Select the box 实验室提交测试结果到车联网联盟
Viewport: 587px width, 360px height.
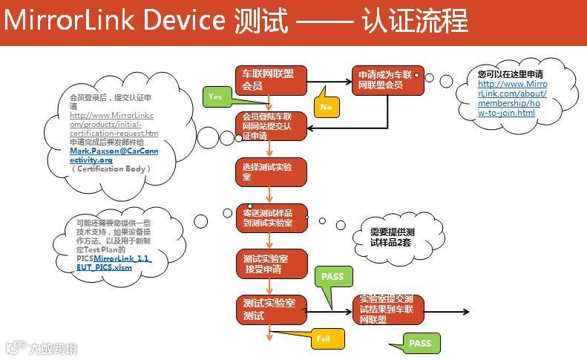[x=387, y=310]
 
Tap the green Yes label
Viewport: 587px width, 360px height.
[x=215, y=97]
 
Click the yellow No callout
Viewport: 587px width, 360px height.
[x=326, y=107]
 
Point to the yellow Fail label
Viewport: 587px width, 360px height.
[x=324, y=338]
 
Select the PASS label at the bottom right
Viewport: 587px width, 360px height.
[x=420, y=343]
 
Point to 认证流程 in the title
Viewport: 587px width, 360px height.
[x=416, y=21]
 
